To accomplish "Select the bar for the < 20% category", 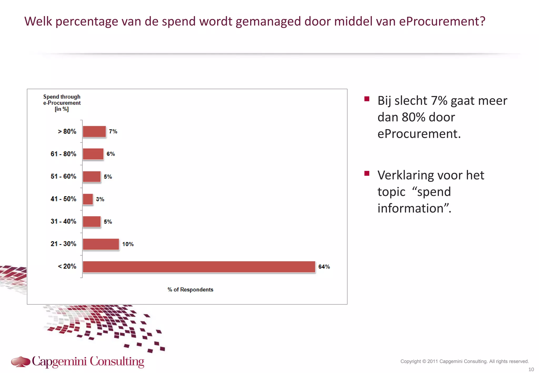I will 199,267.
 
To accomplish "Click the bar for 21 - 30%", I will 101,244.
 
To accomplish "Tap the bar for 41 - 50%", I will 88,199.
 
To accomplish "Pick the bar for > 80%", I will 94,132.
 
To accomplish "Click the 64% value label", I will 324,267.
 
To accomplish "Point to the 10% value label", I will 128,244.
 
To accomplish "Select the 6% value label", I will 111,154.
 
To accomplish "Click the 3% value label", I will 100,199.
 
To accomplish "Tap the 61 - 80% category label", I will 63,154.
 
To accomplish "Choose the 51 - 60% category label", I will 63,176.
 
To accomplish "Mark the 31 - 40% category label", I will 63,221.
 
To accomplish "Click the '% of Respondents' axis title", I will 190,290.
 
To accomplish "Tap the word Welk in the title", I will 38,22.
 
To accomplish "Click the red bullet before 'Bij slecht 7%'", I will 367,99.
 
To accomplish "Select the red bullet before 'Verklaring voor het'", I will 367,173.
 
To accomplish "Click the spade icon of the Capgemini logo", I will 21,361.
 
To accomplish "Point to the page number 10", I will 531,369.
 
